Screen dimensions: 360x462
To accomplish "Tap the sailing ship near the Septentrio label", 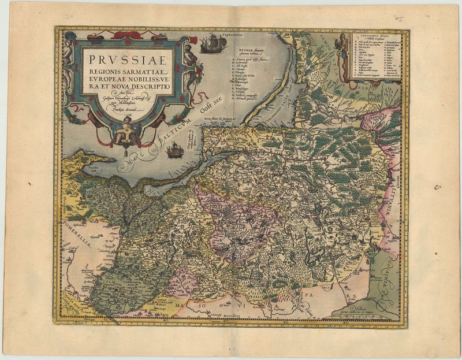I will (x=214, y=43).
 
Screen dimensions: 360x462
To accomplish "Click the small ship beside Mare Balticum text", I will (x=174, y=151).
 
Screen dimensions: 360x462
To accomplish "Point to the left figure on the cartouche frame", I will (x=68, y=58).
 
